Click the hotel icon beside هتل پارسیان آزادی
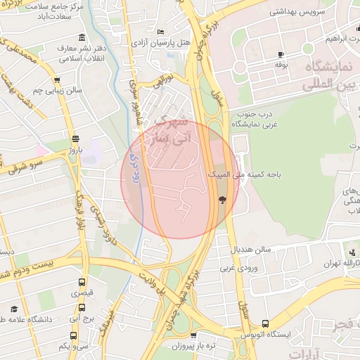pos(161,32)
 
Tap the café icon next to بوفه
pos(281,55)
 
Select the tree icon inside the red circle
pos(223,200)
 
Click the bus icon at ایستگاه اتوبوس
pos(264,323)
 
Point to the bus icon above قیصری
pos(82,283)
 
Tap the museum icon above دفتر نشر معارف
pos(83,37)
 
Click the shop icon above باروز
pos(75,139)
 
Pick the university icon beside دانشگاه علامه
pos(14,309)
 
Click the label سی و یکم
pos(72,345)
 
